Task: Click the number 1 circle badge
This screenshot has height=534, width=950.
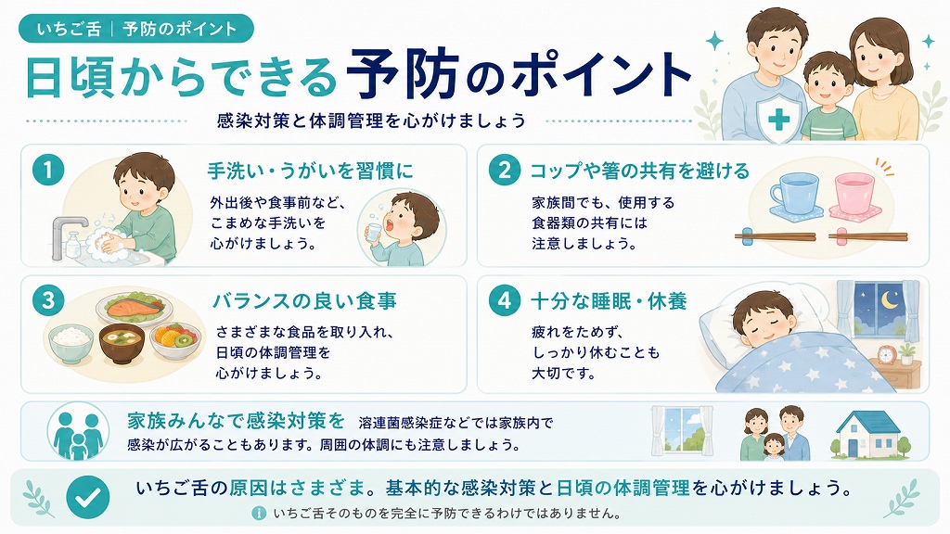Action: [x=48, y=171]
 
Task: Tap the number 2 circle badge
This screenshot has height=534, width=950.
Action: [x=505, y=171]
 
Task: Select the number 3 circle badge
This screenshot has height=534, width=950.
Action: [x=48, y=301]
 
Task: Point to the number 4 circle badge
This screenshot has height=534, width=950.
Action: [x=505, y=301]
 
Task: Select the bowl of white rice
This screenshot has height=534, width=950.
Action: [x=71, y=343]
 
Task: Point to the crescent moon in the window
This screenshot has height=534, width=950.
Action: [x=890, y=299]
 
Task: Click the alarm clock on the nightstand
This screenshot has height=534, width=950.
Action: [x=886, y=354]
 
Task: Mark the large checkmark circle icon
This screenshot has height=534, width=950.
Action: [x=88, y=497]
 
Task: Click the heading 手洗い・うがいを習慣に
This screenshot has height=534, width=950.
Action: [x=310, y=171]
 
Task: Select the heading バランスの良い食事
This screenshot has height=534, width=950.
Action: [x=304, y=301]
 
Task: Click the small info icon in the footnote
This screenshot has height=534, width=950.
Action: [x=259, y=514]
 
